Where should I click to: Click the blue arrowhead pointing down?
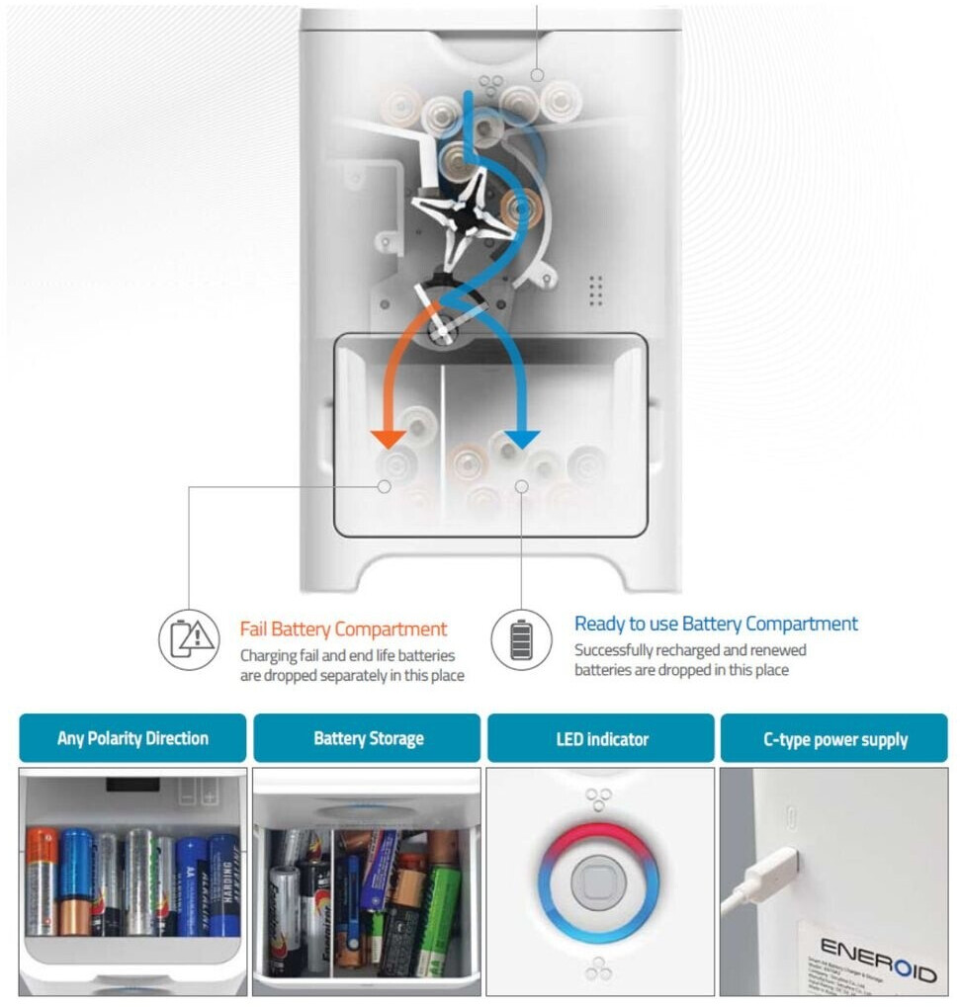point(521,438)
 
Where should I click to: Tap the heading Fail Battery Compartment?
point(343,629)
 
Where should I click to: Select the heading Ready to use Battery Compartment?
point(716,624)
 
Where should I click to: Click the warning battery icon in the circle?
point(189,639)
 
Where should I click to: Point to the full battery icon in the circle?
point(520,639)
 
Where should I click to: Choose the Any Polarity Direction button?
point(132,738)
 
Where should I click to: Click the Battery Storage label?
point(368,738)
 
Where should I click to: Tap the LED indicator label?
point(600,738)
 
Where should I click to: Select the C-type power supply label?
point(834,738)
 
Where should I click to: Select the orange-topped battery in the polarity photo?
point(41,880)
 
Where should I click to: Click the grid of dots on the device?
point(595,290)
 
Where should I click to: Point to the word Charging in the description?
point(271,654)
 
